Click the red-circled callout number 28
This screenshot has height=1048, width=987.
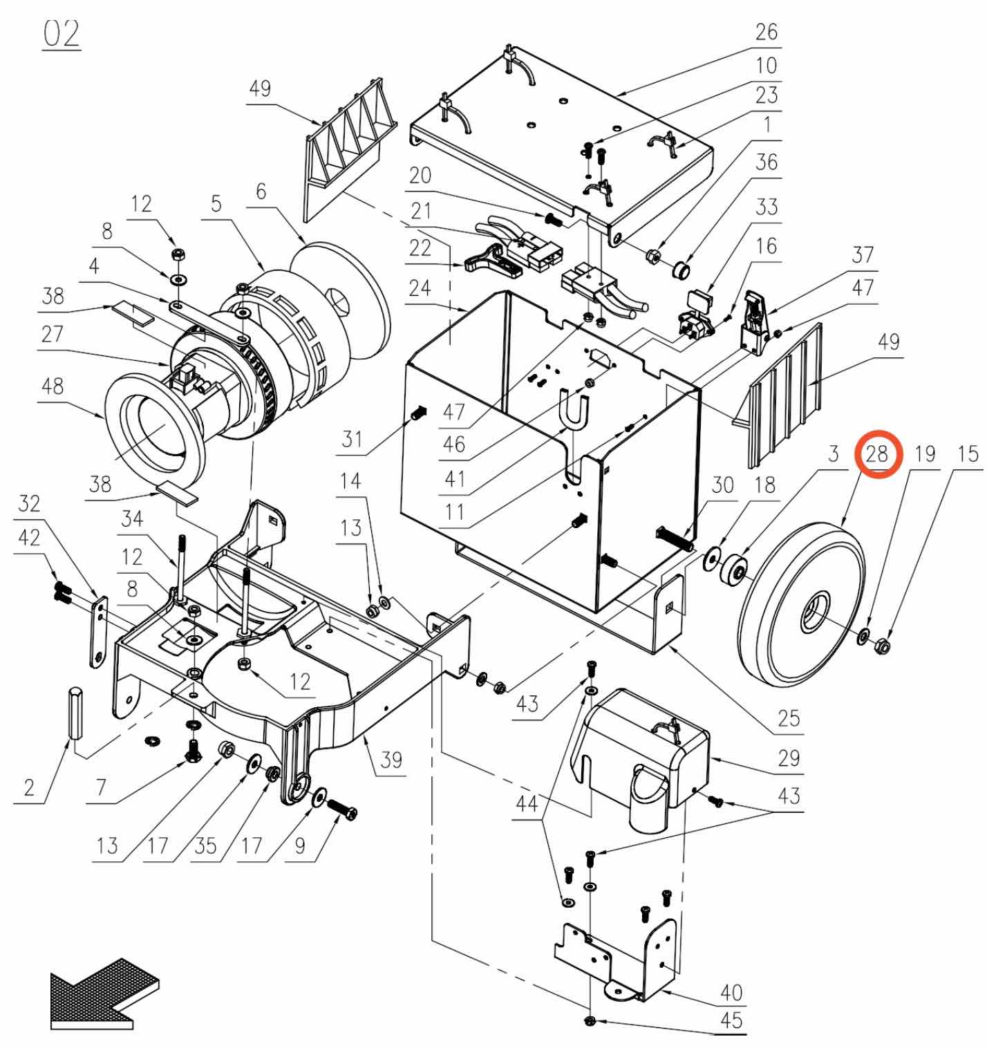(x=876, y=453)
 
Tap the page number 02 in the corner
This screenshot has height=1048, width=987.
(x=62, y=34)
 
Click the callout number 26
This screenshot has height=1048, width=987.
(x=767, y=32)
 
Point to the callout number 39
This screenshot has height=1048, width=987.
(x=391, y=760)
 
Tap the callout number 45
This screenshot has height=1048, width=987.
(x=731, y=1020)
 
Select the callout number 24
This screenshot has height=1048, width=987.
(x=420, y=288)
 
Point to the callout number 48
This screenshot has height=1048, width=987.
(x=53, y=386)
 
